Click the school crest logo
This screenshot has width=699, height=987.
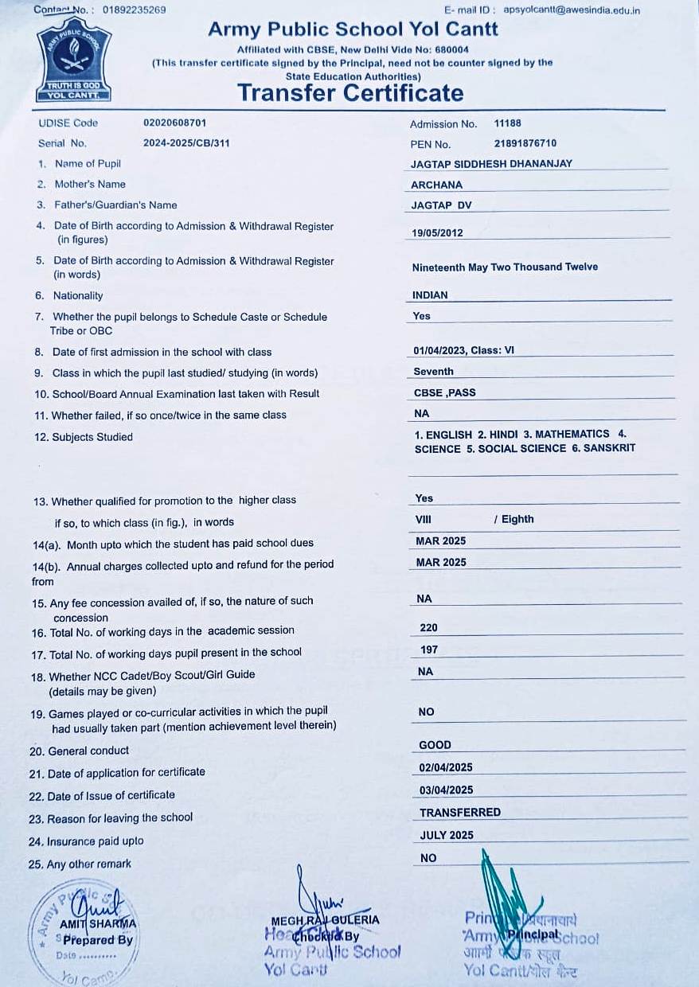pos(73,61)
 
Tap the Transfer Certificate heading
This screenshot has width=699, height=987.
pos(350,93)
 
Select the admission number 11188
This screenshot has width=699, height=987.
pos(508,123)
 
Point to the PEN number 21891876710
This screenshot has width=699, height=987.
pos(525,143)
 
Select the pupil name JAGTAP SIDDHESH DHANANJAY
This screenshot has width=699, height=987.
pos(491,164)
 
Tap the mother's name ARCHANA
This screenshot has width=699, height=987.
pos(436,185)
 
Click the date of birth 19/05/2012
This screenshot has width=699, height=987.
pos(438,233)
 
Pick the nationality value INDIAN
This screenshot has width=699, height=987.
pos(430,295)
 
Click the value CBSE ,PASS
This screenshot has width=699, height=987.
pos(444,392)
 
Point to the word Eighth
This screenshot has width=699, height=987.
pos(517,519)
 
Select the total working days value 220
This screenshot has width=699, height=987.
pos(428,628)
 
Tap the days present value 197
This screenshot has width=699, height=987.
pos(429,650)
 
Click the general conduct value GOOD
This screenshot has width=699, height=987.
pos(435,745)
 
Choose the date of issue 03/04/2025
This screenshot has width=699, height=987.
pos(446,790)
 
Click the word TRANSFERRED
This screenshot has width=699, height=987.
pos(460,812)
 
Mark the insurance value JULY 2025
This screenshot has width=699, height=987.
pos(447,835)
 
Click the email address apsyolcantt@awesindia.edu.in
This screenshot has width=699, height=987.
pos(572,10)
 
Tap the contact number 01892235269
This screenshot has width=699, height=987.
pos(135,10)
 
